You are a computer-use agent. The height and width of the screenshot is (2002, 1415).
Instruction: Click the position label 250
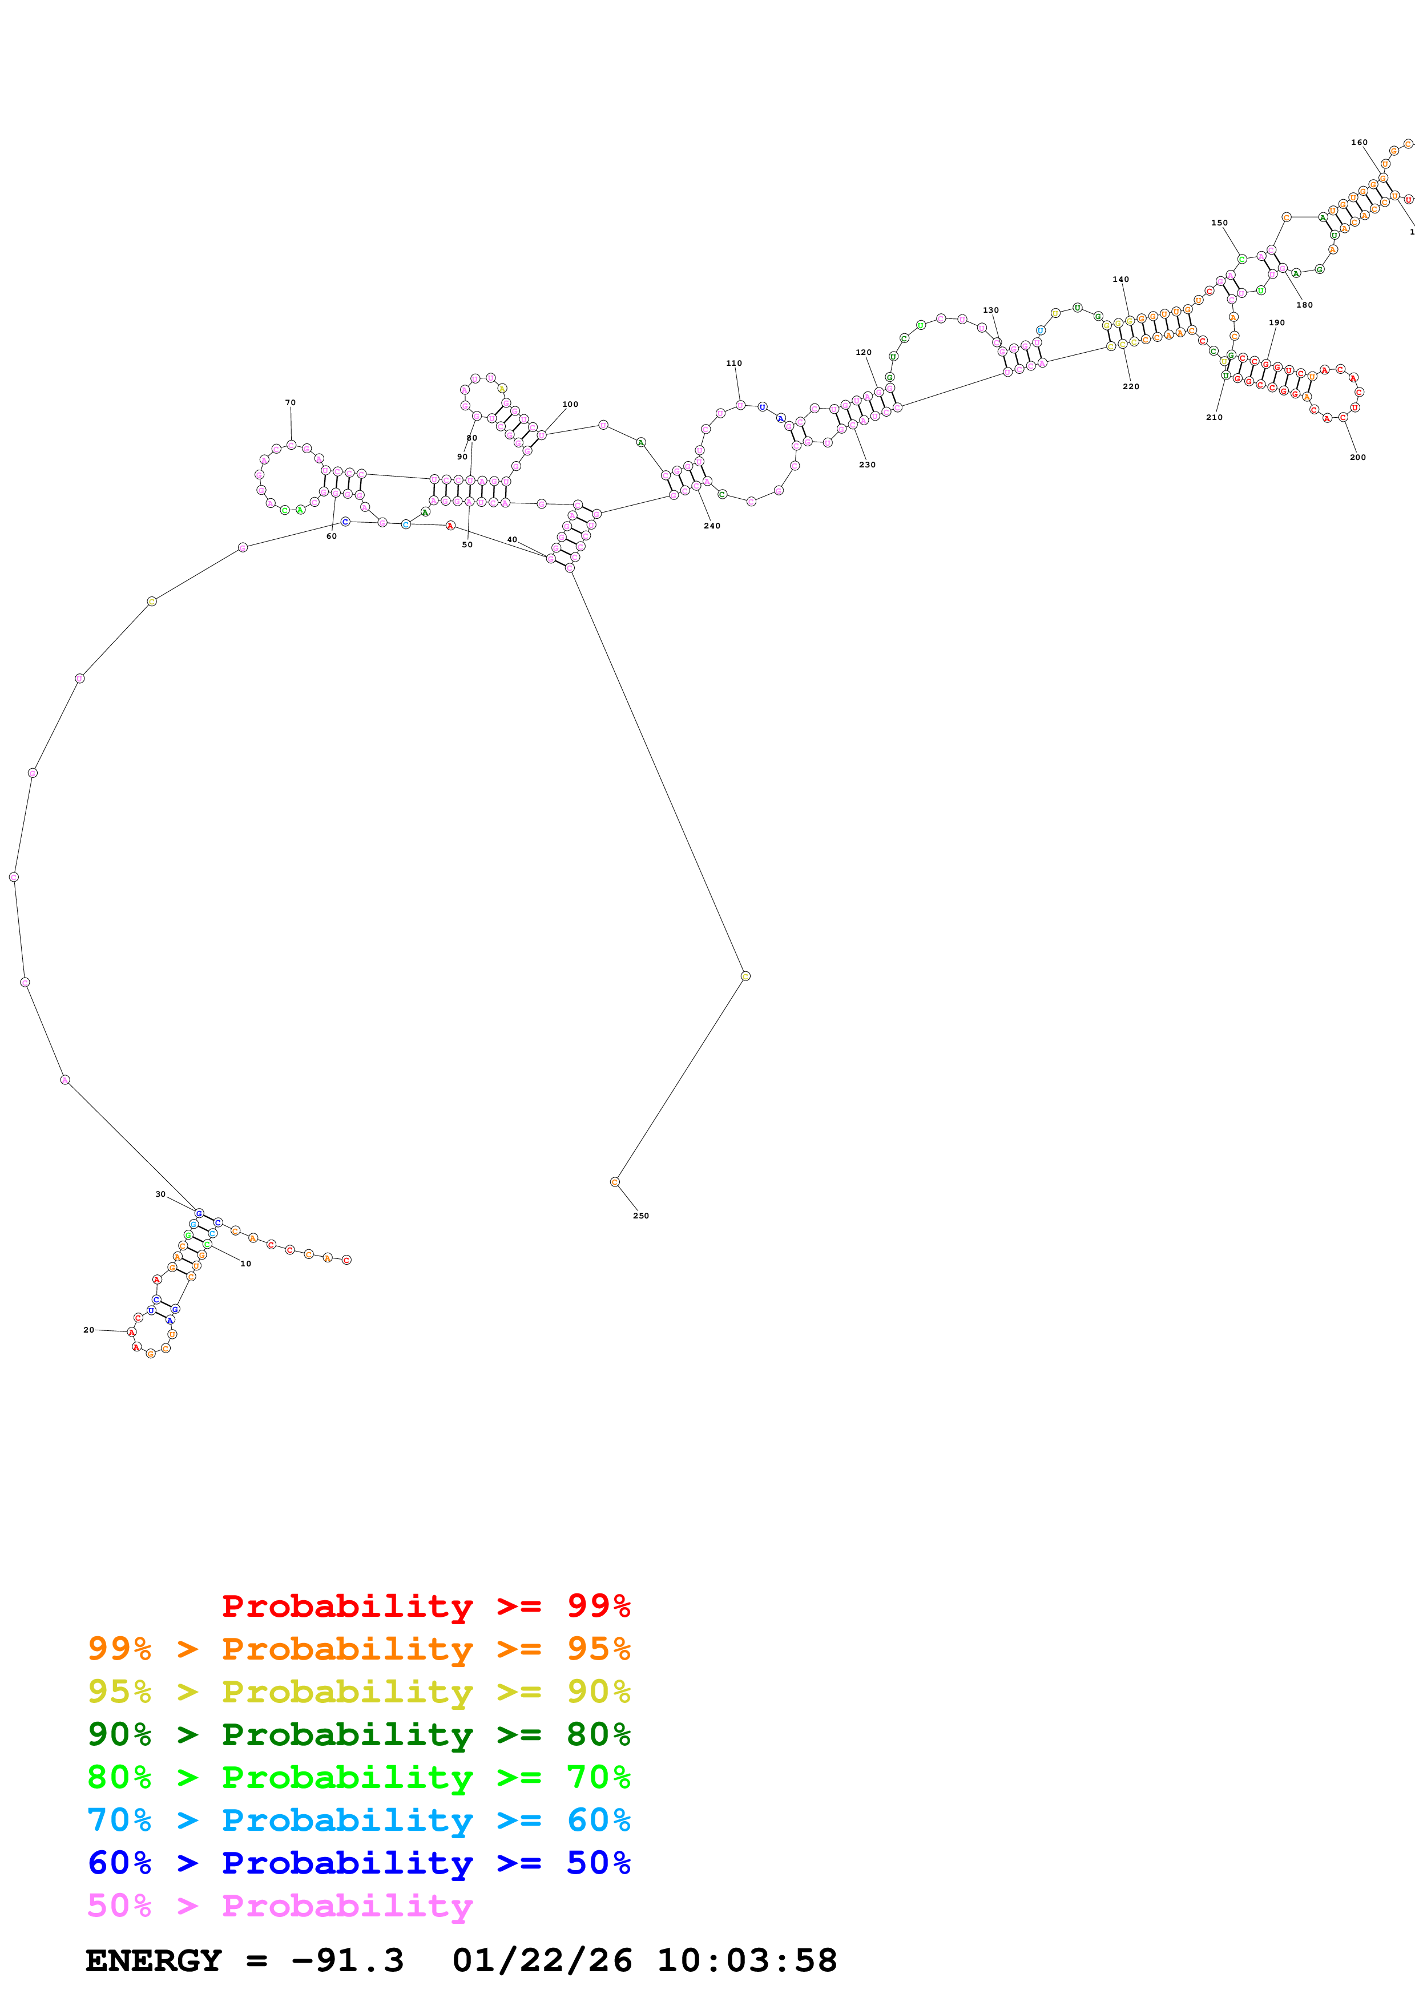[641, 1216]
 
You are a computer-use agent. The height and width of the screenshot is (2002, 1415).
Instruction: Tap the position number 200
[1357, 457]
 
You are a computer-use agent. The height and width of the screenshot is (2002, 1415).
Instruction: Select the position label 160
[1359, 142]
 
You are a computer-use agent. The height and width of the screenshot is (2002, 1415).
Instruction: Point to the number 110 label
[734, 363]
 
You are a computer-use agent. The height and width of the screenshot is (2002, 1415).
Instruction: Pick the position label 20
[88, 1330]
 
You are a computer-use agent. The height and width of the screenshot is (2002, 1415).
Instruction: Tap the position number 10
[246, 1264]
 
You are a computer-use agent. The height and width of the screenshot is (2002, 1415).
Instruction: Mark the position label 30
[160, 1194]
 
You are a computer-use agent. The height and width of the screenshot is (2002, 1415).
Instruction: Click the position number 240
[712, 526]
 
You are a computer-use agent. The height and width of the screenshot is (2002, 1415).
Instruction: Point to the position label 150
[1219, 223]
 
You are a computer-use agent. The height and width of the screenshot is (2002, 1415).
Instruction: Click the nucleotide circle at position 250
[615, 1181]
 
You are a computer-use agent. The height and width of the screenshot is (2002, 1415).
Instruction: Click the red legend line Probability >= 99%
[425, 1605]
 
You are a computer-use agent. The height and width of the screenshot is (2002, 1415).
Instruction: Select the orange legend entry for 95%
[358, 1648]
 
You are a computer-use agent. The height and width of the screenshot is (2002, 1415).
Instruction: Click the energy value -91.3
[347, 1960]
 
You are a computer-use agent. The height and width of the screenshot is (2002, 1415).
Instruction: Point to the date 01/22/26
[542, 1960]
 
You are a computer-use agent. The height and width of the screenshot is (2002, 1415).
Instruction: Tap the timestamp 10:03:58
[746, 1960]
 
